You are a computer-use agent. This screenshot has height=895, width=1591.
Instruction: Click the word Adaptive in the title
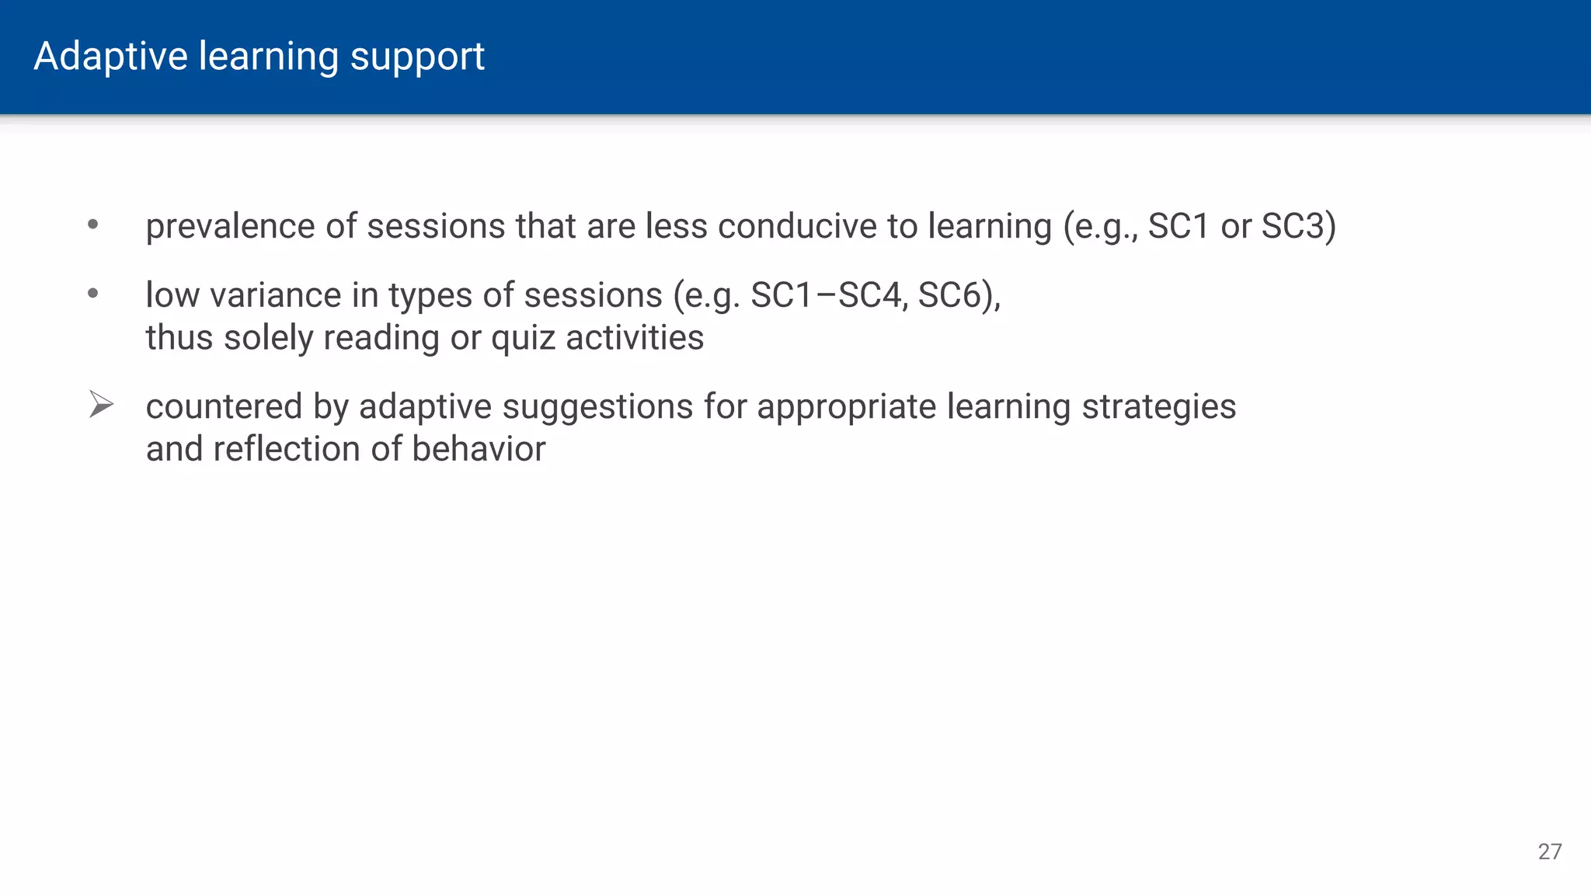click(110, 57)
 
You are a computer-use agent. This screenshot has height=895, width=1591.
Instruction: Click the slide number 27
click(1549, 851)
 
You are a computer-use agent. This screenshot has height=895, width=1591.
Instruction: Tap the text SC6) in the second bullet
click(959, 295)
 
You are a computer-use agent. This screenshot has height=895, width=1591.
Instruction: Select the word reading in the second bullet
click(381, 338)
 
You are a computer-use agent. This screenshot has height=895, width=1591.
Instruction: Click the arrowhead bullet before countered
click(101, 404)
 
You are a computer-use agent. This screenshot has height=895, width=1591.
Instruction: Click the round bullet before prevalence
click(93, 225)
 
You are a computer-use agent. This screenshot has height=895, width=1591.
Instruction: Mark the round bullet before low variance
click(93, 294)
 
